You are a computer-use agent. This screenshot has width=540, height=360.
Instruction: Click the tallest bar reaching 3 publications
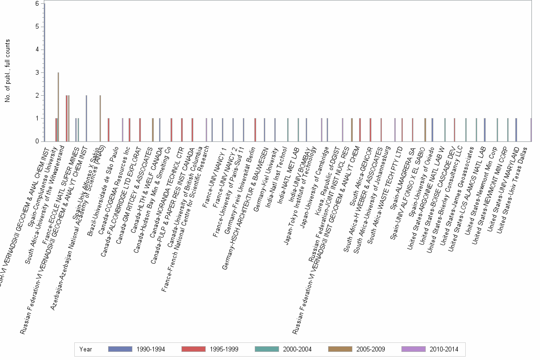point(58,107)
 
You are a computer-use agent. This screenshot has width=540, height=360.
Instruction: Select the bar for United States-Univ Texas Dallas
point(531,130)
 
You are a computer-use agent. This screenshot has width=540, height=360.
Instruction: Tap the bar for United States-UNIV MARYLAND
point(516,130)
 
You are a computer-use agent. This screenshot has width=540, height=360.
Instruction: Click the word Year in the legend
point(86,350)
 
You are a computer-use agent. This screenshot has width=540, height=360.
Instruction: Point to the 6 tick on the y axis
point(37,4)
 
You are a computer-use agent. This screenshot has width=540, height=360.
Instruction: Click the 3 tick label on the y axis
point(37,72)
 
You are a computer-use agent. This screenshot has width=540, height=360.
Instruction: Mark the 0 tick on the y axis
point(37,141)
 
